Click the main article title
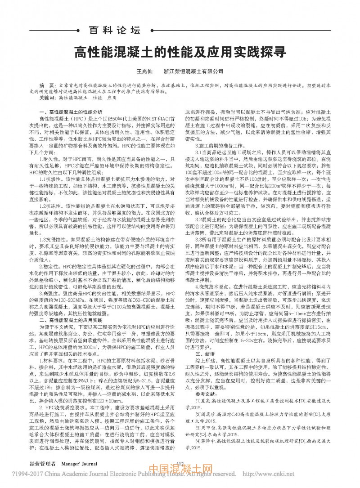(180, 51)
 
